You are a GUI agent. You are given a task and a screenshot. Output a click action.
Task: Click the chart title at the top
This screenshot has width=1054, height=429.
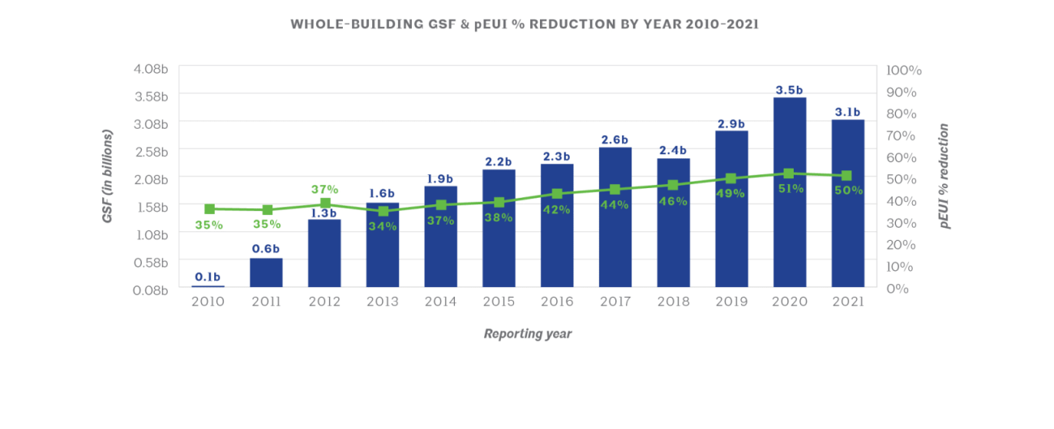(x=525, y=24)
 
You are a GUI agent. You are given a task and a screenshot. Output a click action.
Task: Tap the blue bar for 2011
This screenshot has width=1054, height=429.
(x=266, y=272)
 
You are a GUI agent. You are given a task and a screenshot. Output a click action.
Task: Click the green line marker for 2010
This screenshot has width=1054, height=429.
(x=209, y=209)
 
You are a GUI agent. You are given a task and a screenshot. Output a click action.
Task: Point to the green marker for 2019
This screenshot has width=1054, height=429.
(x=731, y=178)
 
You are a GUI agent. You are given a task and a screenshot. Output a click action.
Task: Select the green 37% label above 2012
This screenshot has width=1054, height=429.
(x=324, y=189)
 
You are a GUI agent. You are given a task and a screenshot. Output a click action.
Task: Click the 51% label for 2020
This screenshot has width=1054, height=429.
(x=790, y=188)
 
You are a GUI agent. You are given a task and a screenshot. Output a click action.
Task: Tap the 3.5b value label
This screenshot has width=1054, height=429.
(x=790, y=90)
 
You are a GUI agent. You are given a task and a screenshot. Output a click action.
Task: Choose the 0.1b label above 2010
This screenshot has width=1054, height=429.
(x=208, y=277)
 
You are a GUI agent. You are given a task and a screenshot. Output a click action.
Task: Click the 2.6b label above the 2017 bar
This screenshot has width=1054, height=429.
(x=615, y=139)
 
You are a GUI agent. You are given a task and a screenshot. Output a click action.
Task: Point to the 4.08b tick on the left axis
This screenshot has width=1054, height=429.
(x=151, y=69)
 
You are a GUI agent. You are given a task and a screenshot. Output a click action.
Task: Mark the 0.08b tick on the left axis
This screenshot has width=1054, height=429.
(x=151, y=290)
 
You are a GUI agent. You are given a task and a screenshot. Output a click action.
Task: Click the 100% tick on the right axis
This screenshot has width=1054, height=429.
(x=904, y=71)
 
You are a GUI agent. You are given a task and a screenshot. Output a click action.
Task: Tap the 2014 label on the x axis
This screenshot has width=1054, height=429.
(x=440, y=302)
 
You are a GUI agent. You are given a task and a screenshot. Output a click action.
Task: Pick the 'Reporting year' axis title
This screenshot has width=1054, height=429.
(x=528, y=334)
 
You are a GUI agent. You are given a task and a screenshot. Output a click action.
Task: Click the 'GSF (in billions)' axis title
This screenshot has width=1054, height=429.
(x=108, y=177)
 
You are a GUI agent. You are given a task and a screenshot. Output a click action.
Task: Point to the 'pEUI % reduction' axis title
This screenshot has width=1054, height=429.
(x=945, y=177)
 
